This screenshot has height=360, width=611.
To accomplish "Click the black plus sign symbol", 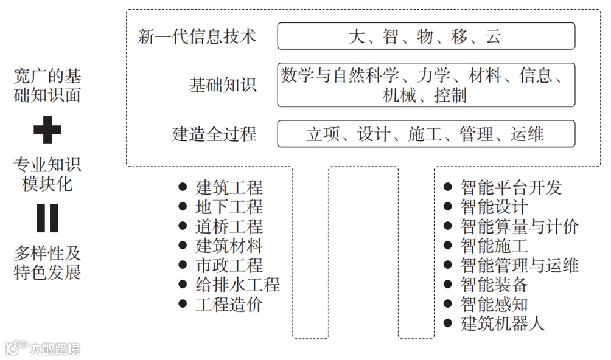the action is pyautogui.click(x=47, y=130).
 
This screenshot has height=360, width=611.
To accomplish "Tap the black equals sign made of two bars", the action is pyautogui.click(x=47, y=218).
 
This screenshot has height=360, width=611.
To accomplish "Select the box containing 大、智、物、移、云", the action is pyautogui.click(x=426, y=36).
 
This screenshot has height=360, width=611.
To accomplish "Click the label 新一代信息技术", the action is pyautogui.click(x=197, y=36).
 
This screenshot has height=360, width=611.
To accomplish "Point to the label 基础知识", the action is pyautogui.click(x=223, y=85).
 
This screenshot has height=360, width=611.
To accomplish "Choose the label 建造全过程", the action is pyautogui.click(x=214, y=134).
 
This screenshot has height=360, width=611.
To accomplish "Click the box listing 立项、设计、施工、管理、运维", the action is pyautogui.click(x=426, y=134).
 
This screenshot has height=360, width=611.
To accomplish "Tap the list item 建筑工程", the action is pyautogui.click(x=229, y=188).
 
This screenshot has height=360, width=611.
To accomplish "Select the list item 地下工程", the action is pyautogui.click(x=229, y=207).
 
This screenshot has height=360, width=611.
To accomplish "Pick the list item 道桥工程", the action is pyautogui.click(x=229, y=227).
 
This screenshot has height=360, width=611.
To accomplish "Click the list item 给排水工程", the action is pyautogui.click(x=237, y=284).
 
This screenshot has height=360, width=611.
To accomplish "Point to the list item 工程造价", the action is pyautogui.click(x=229, y=303).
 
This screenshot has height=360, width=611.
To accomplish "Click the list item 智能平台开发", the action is pyautogui.click(x=511, y=188).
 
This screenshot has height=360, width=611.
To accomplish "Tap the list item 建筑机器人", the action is pyautogui.click(x=503, y=323).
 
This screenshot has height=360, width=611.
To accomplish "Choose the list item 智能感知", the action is pyautogui.click(x=494, y=303).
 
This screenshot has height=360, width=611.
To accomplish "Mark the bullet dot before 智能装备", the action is pyautogui.click(x=448, y=284).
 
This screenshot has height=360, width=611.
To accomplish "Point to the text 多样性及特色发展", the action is pyautogui.click(x=47, y=262).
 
